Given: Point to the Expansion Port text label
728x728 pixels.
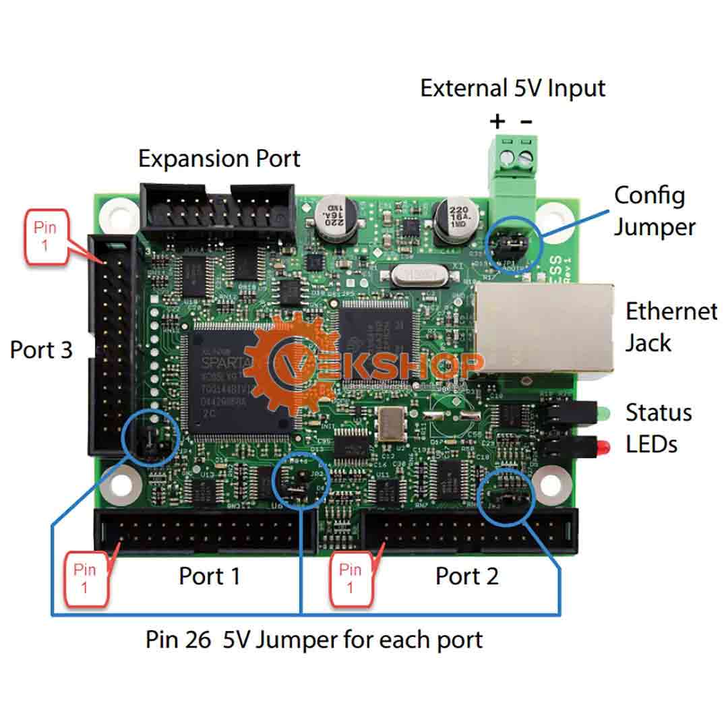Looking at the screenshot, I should (219, 159).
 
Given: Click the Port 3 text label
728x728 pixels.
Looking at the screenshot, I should (41, 350).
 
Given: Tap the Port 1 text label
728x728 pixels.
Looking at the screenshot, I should (209, 576).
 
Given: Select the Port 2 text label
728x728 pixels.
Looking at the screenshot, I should (466, 576).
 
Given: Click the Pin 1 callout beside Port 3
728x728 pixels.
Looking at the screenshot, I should (45, 235).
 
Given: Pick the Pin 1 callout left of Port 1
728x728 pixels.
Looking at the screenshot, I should (85, 578).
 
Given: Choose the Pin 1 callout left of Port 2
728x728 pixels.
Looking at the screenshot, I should (350, 578).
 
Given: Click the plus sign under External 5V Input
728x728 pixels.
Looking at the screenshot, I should (497, 122).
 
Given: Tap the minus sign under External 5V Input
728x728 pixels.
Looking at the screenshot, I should (526, 122).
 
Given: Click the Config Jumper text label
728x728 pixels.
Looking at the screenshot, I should (653, 211).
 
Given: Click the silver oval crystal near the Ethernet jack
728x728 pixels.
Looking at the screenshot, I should (404, 274).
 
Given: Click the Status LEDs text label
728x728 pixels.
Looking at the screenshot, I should (658, 427).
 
